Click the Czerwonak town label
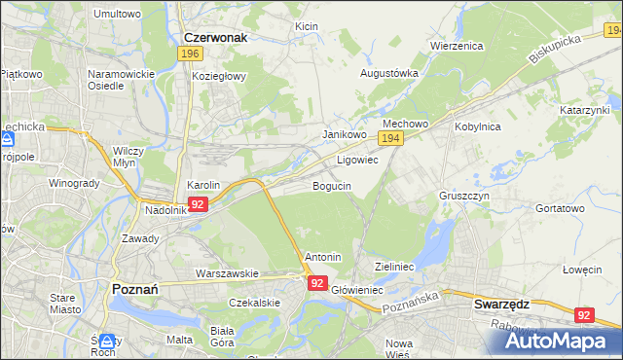(214, 37)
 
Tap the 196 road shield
(190, 54)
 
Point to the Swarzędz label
(500, 304)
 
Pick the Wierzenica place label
(457, 45)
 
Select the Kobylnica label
(476, 126)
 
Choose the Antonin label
(322, 257)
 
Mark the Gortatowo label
(560, 208)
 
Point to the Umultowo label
(117, 15)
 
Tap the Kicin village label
(307, 26)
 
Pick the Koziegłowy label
(220, 75)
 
